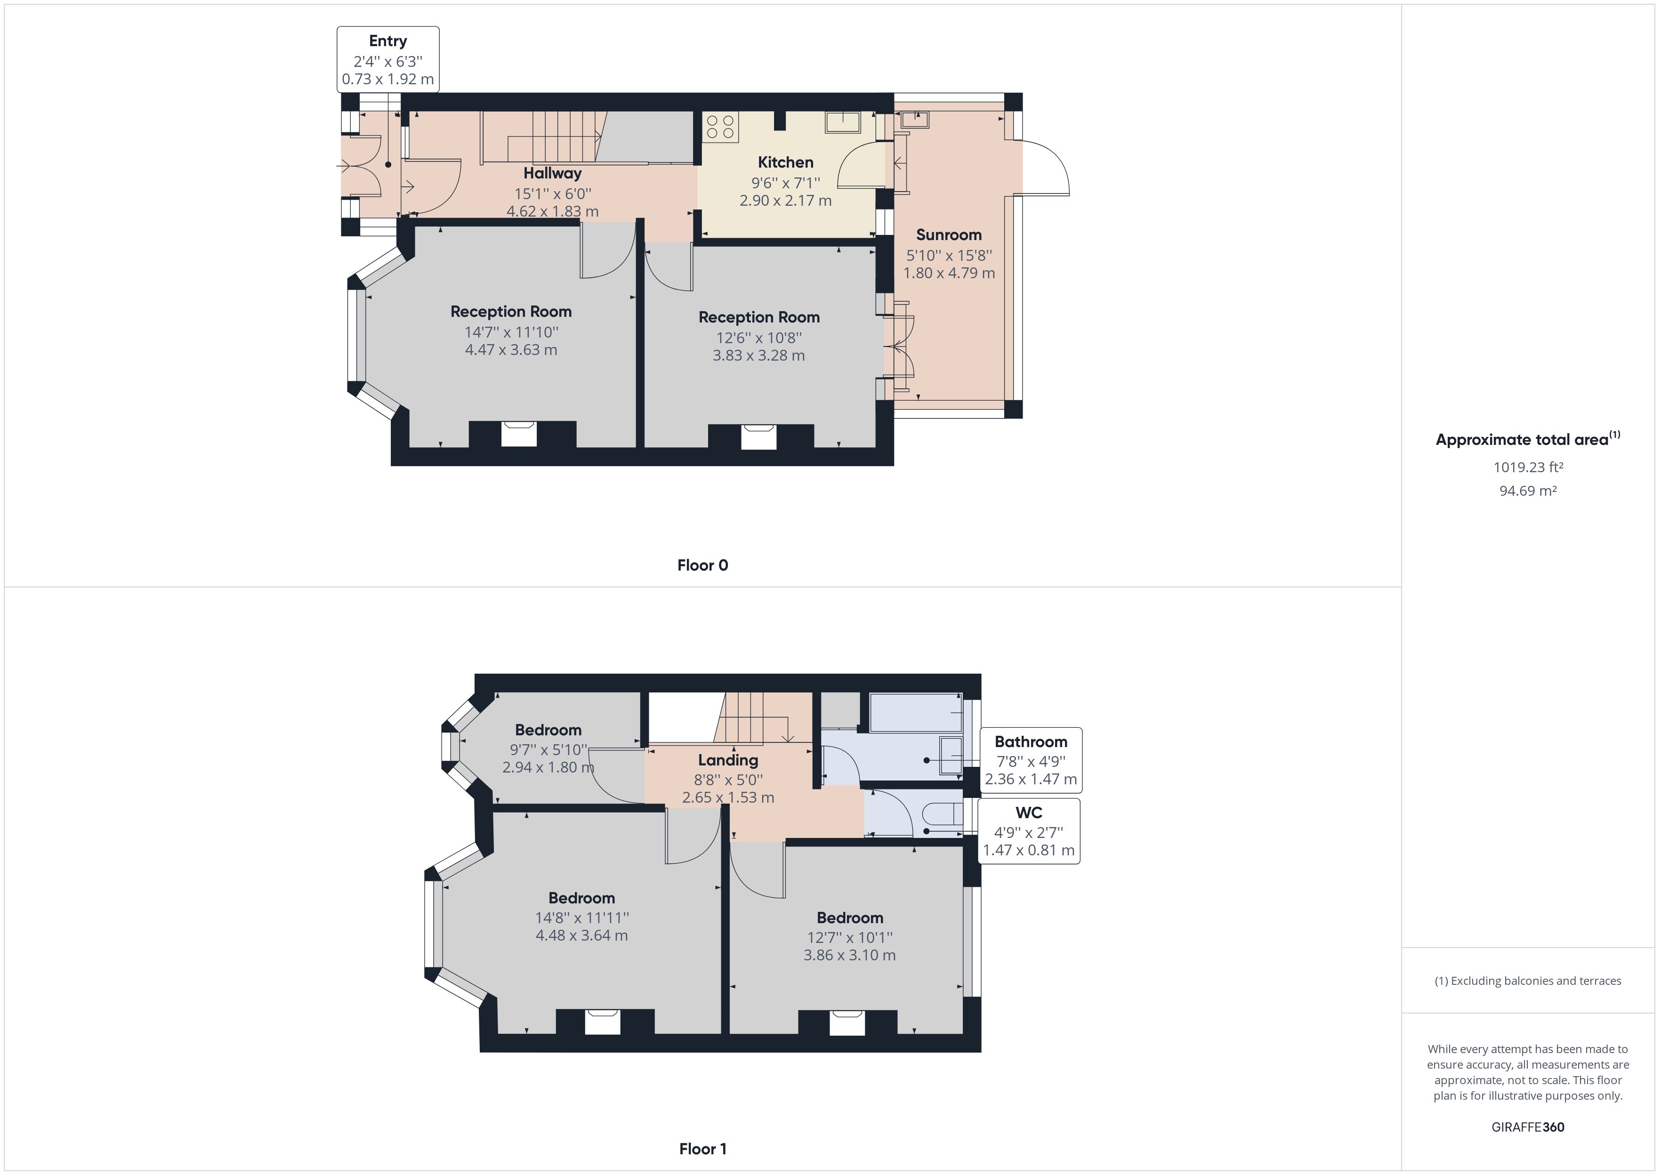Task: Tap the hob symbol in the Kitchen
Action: click(720, 128)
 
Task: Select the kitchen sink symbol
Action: click(843, 123)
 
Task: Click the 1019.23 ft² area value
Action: click(1528, 467)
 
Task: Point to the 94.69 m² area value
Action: click(1528, 491)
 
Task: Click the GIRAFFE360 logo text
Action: click(1528, 1127)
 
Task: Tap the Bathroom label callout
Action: click(1031, 760)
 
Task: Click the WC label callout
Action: click(1029, 830)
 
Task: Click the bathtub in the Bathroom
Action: click(915, 713)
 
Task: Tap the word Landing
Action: click(728, 760)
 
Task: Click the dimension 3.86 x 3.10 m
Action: click(849, 955)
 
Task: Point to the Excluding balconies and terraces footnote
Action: click(1528, 981)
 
